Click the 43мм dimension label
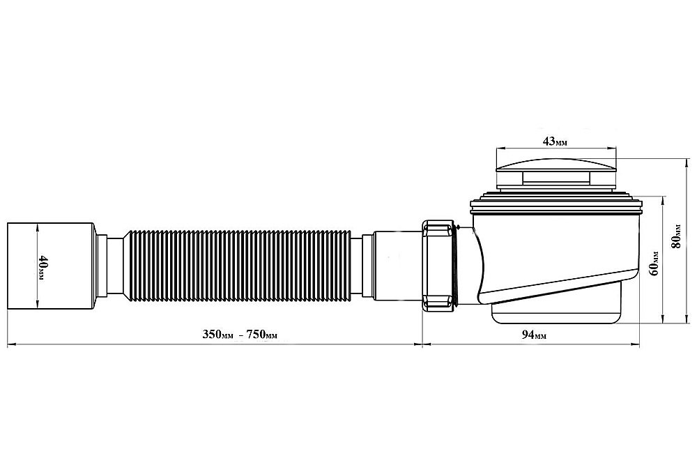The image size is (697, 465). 555,142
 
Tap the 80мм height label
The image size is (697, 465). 676,235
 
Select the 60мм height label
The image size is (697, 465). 654,263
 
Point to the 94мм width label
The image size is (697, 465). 535,335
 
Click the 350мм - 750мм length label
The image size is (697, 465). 240,335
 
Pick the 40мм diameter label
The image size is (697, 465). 42,268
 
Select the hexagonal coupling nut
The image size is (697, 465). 438,266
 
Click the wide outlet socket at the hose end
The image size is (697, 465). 50,266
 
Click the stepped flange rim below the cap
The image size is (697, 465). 556,202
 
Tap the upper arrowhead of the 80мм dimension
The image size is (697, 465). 688,164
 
